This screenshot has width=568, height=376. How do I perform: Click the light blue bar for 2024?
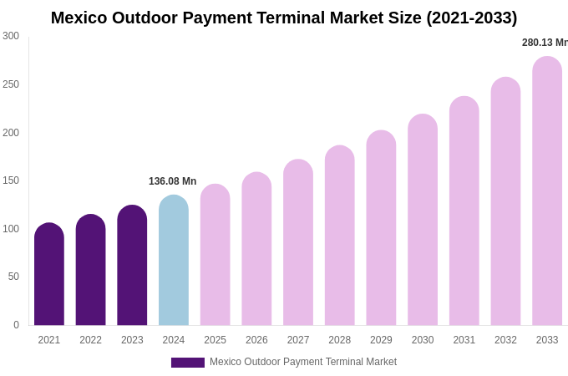174,261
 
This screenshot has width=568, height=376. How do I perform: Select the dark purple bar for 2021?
49,274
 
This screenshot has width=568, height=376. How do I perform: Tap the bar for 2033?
547,191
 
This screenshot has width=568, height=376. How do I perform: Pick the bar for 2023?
132,266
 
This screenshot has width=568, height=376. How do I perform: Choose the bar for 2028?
340,236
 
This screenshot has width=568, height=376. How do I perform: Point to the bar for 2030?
423,220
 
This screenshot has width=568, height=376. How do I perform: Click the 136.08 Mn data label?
172,181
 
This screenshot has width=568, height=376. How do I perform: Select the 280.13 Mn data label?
545,43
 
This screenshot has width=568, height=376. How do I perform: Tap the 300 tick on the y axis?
11,36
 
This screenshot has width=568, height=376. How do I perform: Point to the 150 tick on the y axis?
11,180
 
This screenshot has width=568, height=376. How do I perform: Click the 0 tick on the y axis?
16,325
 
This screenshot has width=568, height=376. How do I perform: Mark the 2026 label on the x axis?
256,340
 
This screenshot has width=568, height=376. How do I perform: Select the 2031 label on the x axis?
464,340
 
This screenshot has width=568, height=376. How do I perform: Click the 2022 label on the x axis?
90,340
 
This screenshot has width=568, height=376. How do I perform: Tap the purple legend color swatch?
188,363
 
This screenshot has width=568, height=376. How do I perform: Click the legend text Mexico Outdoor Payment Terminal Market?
303,362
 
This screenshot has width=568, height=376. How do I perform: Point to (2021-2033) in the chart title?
472,18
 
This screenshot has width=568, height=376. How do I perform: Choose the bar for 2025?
216,255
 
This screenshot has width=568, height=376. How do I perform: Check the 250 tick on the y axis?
11,84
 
